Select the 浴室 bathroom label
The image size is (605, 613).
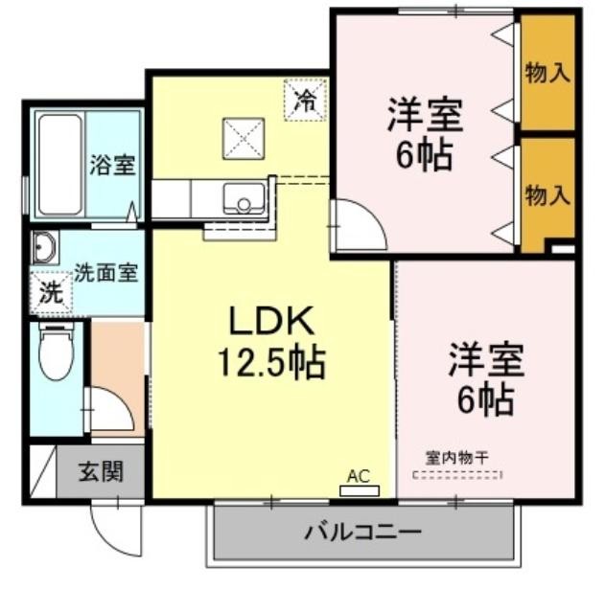112,165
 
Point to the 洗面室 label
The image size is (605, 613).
106,272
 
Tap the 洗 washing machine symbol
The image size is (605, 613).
49,292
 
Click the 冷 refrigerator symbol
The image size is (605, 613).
304,100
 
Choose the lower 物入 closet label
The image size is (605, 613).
547,196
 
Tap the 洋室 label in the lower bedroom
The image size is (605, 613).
484,364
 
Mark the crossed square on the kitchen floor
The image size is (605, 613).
243,137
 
